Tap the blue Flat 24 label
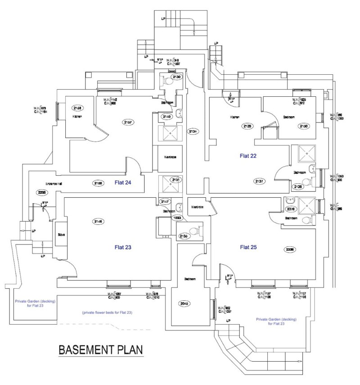(122, 182)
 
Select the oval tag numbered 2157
(129, 122)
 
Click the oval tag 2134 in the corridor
(193, 131)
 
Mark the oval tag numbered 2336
(290, 249)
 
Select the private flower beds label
(107, 312)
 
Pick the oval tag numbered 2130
(176, 77)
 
